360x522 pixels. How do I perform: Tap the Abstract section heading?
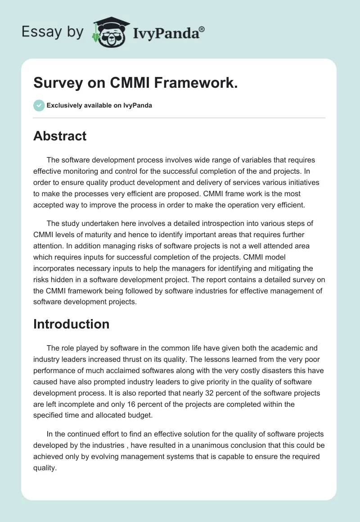(60, 136)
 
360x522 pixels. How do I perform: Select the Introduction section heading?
(71, 324)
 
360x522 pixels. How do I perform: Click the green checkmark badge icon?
(39, 105)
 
